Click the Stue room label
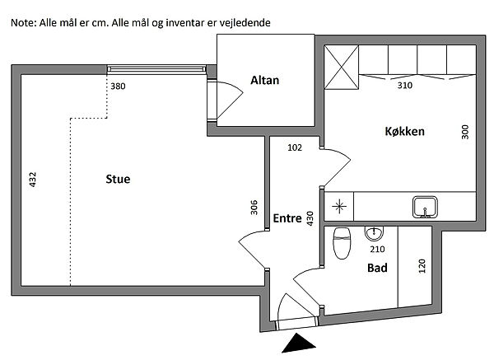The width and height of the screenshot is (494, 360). tap(118, 178)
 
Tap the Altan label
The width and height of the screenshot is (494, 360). tap(265, 81)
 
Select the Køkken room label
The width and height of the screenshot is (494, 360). tap(404, 131)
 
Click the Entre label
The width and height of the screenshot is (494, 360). tap(287, 217)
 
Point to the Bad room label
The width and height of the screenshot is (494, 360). tap(377, 268)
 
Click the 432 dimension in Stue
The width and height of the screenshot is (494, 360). tap(34, 180)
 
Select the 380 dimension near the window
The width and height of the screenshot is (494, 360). tap(119, 86)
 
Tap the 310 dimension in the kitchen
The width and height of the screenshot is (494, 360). tap(405, 85)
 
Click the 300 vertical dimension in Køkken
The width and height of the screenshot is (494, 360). tap(464, 132)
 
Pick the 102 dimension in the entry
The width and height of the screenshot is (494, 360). tap(295, 148)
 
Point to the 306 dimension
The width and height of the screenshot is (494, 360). tap(254, 208)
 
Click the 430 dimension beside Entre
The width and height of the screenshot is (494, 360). tap(310, 218)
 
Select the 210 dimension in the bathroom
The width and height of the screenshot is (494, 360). tap(377, 249)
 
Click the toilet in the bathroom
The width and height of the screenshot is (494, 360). tap(340, 243)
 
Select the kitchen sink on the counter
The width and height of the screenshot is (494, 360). tap(426, 205)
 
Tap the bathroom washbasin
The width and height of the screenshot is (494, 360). tap(376, 232)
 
